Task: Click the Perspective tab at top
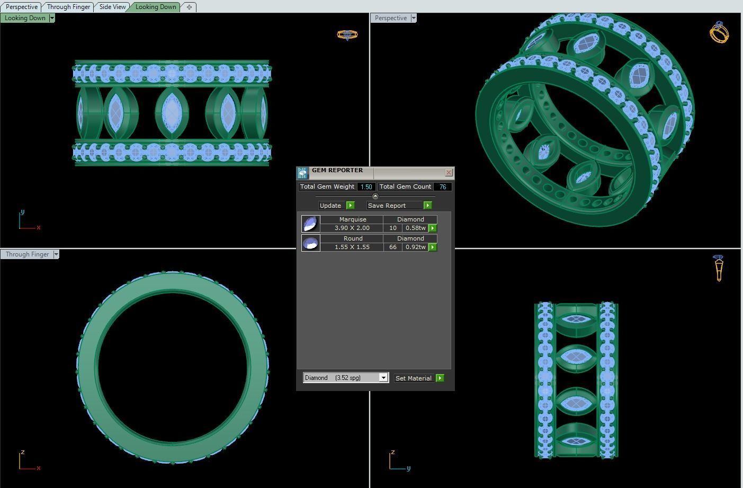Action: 22,7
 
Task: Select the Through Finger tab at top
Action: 68,7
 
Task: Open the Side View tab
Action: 112,7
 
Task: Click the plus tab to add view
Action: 189,7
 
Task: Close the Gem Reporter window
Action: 449,172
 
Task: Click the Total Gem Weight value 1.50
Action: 366,187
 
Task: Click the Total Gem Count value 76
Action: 442,187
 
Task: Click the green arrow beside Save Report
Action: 427,206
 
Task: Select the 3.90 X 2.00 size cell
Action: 352,228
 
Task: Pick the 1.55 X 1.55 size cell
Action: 352,247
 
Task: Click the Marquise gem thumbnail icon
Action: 310,224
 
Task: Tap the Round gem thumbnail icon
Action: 310,243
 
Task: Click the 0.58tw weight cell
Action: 415,228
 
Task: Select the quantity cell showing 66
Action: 392,247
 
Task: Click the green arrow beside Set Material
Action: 440,378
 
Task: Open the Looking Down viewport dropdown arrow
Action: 52,18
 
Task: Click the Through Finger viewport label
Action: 27,254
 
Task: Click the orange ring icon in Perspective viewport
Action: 719,32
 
